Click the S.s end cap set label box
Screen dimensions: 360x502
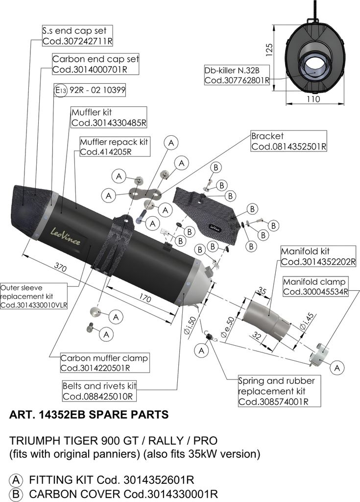coord(77,36)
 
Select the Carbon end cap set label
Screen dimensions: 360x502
coord(96,64)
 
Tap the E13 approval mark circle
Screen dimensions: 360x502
coord(60,91)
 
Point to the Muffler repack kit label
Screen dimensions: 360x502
coord(115,147)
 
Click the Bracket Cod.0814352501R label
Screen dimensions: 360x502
coord(288,141)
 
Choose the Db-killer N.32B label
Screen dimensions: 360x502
coord(237,75)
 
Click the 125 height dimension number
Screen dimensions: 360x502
coord(269,50)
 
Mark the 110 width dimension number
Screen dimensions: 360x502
coord(313,99)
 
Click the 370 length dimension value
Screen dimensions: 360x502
coord(60,267)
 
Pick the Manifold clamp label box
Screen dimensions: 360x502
coord(315,287)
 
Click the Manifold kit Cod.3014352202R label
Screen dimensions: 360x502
coord(318,256)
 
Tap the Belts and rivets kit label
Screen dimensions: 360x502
coord(99,391)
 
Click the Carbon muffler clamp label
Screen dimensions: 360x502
coord(105,363)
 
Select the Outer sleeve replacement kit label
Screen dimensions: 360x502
coord(34,297)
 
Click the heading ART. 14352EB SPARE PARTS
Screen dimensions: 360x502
coord(89,415)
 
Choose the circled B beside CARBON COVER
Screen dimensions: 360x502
coord(15,494)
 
